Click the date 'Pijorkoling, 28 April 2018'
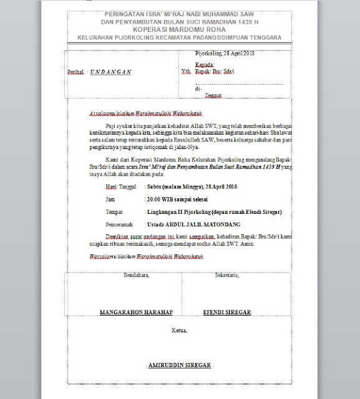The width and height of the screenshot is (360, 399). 226,55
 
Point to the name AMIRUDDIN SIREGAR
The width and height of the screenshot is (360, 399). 179,364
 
